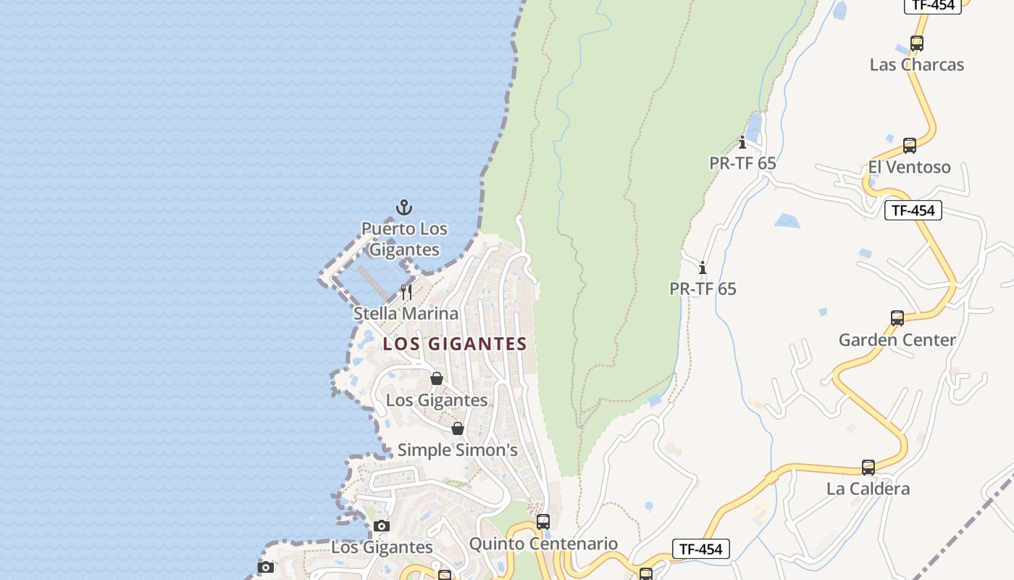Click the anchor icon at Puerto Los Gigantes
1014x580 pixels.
click(404, 208)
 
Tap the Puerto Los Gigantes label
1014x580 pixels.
click(404, 239)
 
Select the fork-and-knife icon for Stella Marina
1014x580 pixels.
click(406, 292)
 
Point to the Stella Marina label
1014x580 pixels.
click(406, 314)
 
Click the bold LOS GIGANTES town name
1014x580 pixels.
click(455, 344)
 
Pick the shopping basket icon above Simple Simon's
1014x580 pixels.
click(458, 428)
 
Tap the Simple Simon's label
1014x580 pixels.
click(457, 450)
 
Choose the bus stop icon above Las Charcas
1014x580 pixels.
click(917, 43)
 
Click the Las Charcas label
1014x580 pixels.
click(916, 65)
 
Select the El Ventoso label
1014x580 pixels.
click(909, 167)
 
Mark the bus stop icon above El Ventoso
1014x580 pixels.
click(910, 146)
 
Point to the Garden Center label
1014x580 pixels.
click(897, 340)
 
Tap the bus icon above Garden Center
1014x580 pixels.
click(897, 318)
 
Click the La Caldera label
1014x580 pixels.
click(868, 489)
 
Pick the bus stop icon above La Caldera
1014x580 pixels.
click(868, 468)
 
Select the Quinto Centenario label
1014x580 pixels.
click(543, 544)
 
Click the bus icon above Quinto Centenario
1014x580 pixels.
click(543, 522)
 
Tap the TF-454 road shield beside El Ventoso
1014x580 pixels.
click(913, 210)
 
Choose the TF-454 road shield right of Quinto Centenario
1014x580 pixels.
click(700, 549)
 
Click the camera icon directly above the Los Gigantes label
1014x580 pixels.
click(382, 526)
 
